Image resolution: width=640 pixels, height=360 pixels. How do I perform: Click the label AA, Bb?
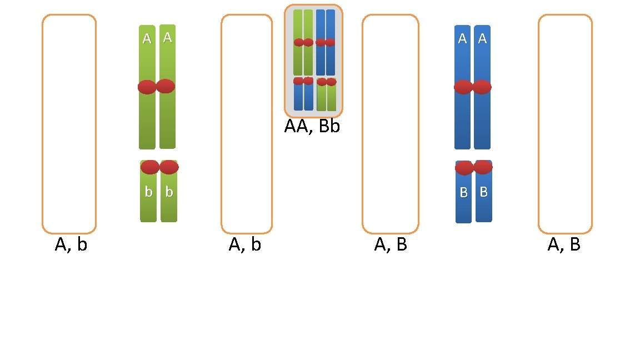pos(312,126)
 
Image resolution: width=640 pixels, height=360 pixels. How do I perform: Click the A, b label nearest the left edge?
pos(71,244)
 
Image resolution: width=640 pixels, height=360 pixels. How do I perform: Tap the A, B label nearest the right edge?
pos(564,244)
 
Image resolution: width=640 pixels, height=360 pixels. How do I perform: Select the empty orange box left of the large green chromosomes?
pos(69,124)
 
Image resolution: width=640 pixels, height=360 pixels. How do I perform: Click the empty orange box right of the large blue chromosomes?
pos(565,124)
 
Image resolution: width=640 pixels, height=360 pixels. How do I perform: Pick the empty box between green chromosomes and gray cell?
pos(247,124)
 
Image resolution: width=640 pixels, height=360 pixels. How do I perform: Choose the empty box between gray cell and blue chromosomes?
pos(390,124)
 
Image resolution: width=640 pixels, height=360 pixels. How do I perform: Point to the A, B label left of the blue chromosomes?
pos(391,244)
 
